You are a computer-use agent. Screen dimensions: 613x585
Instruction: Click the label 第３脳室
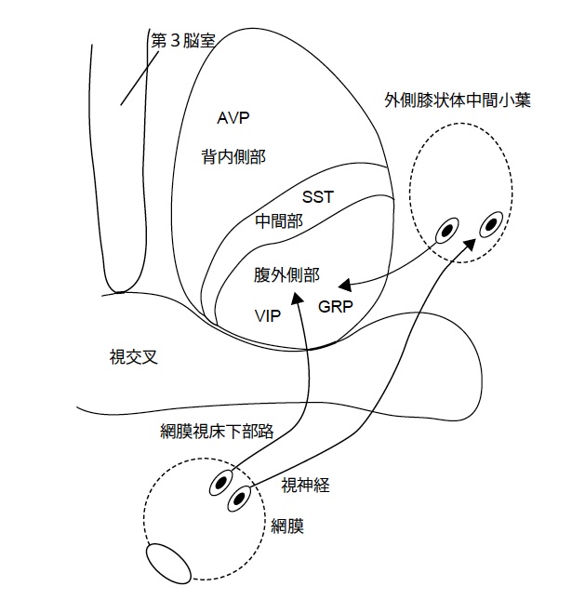(183, 42)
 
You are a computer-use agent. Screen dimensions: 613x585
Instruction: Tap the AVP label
(234, 118)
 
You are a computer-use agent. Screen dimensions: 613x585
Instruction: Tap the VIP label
(268, 316)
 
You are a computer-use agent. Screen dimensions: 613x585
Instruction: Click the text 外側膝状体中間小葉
(458, 100)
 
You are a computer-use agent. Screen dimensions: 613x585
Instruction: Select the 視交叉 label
(131, 355)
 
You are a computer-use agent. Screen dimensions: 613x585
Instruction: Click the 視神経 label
(306, 484)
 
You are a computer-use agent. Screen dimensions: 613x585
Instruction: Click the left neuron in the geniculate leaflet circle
(448, 229)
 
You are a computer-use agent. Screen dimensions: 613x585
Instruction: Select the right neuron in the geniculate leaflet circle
(492, 223)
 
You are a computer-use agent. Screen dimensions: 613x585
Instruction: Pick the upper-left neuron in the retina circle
(222, 482)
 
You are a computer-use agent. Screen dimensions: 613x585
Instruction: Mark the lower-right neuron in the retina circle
(240, 499)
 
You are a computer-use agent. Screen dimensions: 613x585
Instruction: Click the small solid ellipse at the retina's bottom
(168, 563)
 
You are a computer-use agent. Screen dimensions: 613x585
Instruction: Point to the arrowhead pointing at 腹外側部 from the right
(343, 284)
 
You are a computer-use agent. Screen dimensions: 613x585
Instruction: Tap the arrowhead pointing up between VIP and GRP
(298, 298)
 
